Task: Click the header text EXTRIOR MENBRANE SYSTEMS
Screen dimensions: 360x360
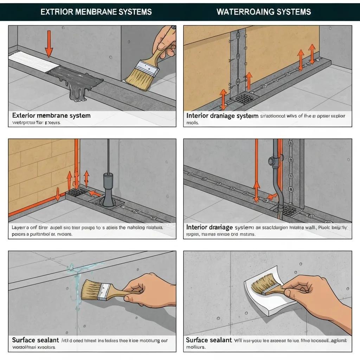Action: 96,12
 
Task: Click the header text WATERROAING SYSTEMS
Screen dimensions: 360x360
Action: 264,12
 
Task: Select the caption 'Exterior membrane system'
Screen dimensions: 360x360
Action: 51,115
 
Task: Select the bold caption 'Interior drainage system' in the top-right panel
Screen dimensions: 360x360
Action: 222,116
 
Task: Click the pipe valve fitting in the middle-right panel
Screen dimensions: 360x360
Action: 272,161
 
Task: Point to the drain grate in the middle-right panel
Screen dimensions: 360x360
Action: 289,211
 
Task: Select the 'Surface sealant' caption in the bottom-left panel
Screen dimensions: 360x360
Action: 36,340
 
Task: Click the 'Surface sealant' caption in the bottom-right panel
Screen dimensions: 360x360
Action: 208,340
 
